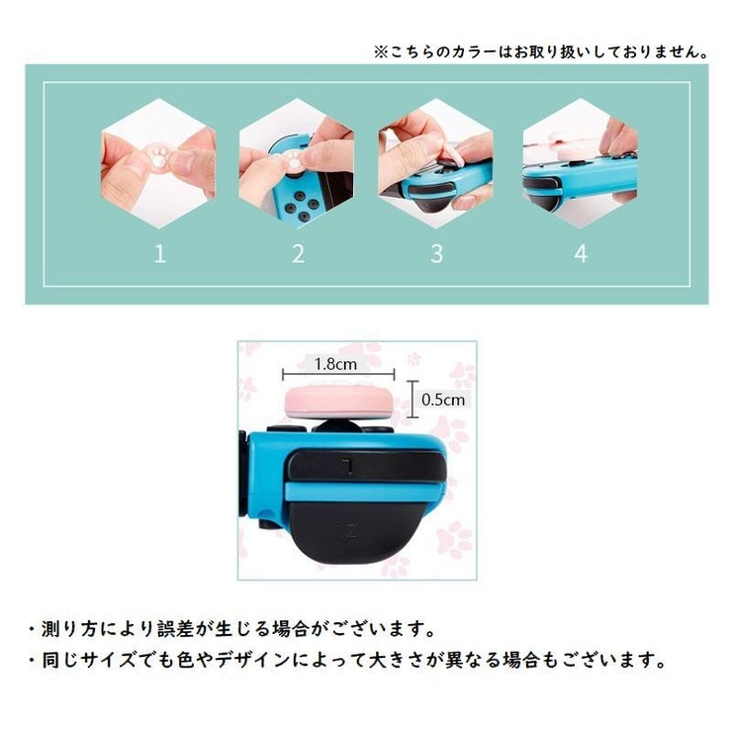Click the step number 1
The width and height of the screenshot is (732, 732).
pos(160,254)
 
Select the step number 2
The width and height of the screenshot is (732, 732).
pos(298,254)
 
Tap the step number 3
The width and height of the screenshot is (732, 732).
pos(436,254)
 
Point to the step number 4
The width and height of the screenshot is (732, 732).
pos(580,254)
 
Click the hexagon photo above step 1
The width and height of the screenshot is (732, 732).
pos(159,162)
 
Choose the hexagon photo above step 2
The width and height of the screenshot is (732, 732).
pos(298,162)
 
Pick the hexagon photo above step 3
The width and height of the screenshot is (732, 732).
pos(436,162)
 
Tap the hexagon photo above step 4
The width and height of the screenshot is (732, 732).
pos(580,162)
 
